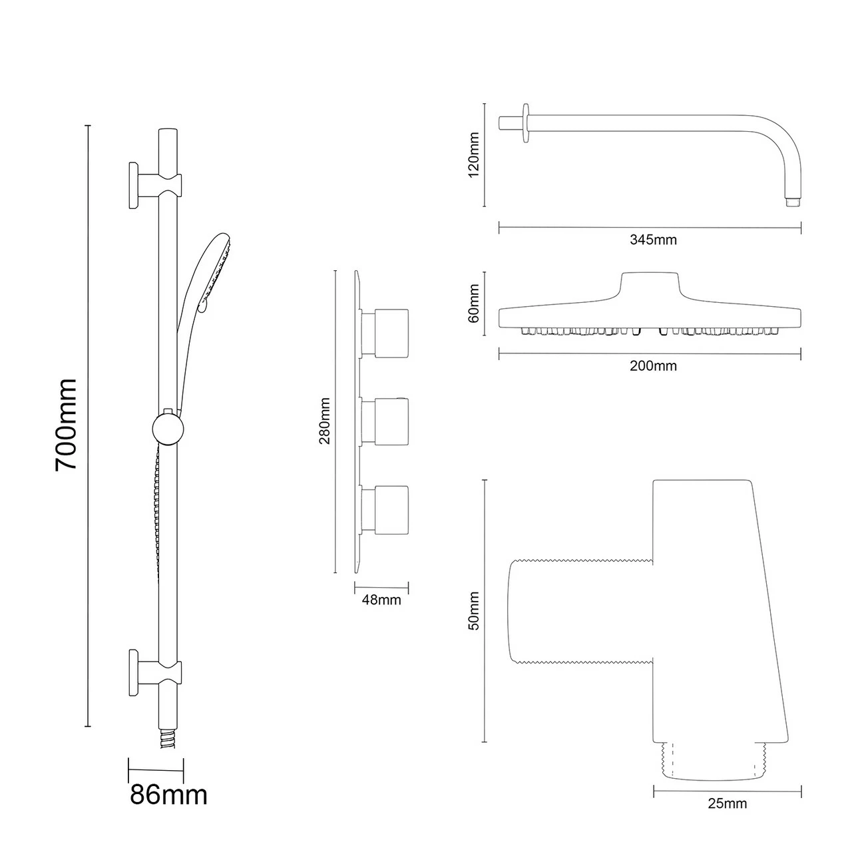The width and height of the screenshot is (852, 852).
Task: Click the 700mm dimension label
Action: click(x=67, y=425)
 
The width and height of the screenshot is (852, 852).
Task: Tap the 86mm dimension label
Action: click(x=168, y=794)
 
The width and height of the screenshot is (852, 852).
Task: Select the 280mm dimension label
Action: click(x=325, y=421)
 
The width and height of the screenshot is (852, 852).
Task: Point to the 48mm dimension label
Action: click(x=381, y=600)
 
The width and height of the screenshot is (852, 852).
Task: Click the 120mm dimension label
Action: click(x=474, y=154)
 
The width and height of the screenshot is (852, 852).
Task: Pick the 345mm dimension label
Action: click(x=653, y=240)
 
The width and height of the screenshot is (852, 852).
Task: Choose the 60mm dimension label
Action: click(x=474, y=303)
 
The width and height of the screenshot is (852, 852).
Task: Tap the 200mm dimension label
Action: click(x=653, y=366)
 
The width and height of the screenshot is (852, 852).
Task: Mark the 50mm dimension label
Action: click(x=474, y=611)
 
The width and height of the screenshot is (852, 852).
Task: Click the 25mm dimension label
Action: click(x=727, y=803)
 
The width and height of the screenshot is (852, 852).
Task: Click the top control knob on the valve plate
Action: click(x=390, y=333)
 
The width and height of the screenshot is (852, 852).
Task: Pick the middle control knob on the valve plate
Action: click(x=390, y=421)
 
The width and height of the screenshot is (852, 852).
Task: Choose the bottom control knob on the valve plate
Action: click(x=390, y=509)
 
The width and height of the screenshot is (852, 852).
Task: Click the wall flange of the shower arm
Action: click(x=527, y=122)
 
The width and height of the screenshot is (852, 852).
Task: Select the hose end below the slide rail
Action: click(x=168, y=740)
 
